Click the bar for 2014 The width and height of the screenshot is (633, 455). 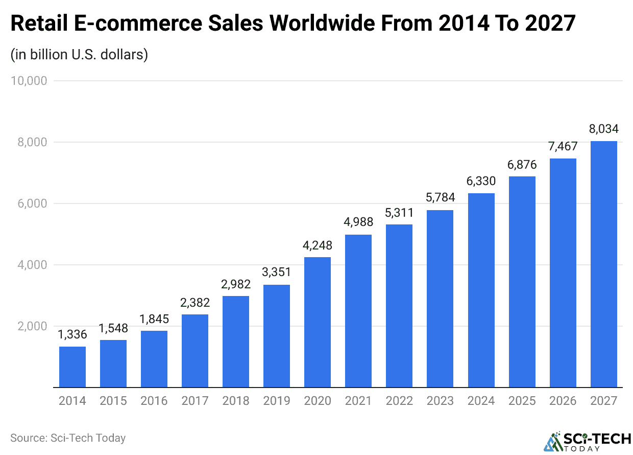click(x=72, y=367)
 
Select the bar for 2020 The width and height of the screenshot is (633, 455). click(x=318, y=322)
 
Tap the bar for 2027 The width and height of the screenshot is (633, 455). click(x=603, y=264)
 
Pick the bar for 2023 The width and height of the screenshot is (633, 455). click(x=440, y=299)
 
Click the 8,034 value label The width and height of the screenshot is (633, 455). click(x=603, y=129)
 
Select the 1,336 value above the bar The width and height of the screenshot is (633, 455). click(x=72, y=335)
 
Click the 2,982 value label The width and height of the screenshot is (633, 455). click(x=236, y=284)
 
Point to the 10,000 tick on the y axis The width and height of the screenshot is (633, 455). click(x=29, y=81)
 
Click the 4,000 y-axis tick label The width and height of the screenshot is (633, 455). click(x=32, y=265)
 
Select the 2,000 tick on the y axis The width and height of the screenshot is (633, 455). click(x=32, y=326)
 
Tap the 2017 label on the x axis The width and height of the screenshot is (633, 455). click(x=195, y=401)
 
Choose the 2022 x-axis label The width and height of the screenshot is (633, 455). click(x=399, y=401)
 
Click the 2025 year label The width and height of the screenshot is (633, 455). click(x=522, y=401)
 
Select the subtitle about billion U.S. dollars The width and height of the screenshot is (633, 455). click(x=79, y=54)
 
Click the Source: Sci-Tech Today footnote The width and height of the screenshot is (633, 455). click(x=68, y=438)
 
